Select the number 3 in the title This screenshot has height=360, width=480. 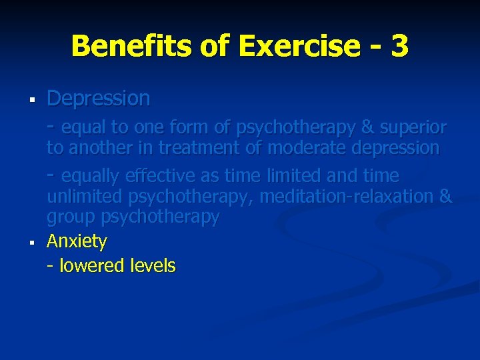(x=399, y=47)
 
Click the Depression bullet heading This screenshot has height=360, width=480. (x=99, y=99)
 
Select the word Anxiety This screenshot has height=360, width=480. (x=77, y=241)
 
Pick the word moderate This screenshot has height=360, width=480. (x=304, y=147)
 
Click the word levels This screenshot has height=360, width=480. (x=151, y=266)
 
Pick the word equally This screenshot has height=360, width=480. (x=91, y=176)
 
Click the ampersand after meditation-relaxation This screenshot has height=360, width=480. (x=446, y=197)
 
